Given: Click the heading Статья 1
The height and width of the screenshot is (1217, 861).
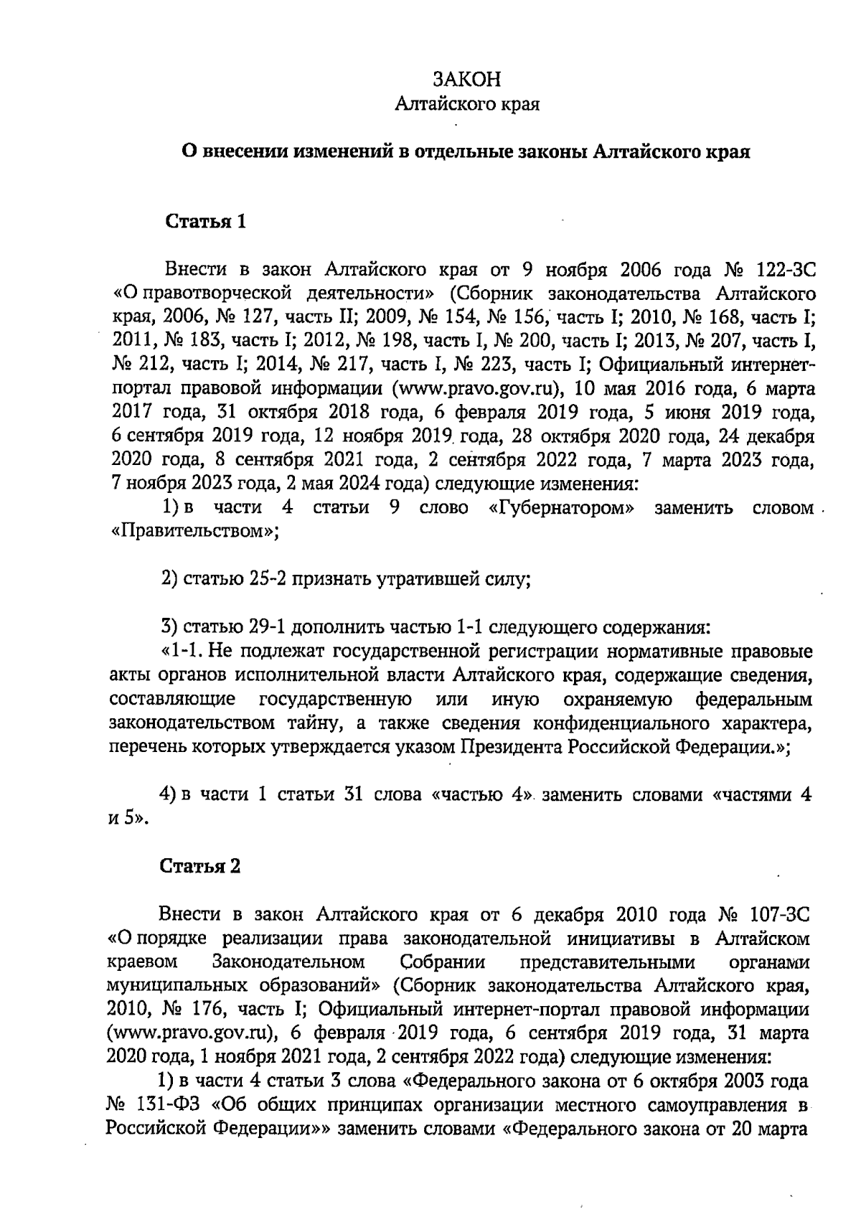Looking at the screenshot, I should click(206, 222).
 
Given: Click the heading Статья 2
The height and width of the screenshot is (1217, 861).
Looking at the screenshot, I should click(200, 866).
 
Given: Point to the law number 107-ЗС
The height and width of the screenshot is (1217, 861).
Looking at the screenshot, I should click(778, 916).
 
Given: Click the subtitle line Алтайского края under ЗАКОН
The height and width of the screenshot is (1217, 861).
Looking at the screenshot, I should click(468, 105).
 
